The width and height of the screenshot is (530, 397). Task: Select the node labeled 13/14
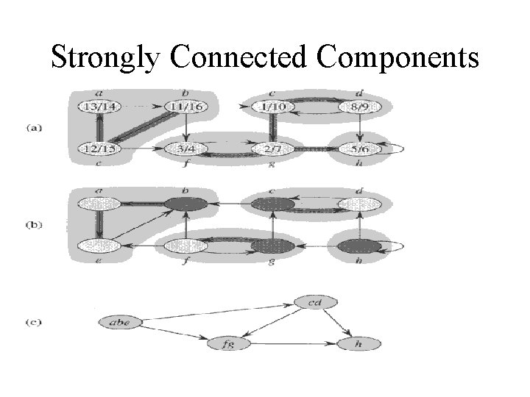pyautogui.click(x=100, y=107)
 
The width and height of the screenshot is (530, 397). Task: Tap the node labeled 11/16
pyautogui.click(x=187, y=107)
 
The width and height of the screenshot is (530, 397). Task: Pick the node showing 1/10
pyautogui.click(x=273, y=107)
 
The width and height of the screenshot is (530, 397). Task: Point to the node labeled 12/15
pyautogui.click(x=100, y=150)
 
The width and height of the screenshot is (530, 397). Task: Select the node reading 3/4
pyautogui.click(x=187, y=150)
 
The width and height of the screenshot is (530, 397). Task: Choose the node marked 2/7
pyautogui.click(x=273, y=150)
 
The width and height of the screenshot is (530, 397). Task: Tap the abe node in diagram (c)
pyautogui.click(x=119, y=321)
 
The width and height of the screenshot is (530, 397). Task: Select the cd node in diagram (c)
pyautogui.click(x=315, y=301)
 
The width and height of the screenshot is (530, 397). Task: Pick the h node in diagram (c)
pyautogui.click(x=358, y=343)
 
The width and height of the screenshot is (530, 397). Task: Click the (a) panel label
pyautogui.click(x=34, y=126)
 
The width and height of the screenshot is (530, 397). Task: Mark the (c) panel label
pyautogui.click(x=34, y=321)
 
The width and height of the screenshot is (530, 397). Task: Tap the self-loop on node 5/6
pyautogui.click(x=397, y=149)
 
